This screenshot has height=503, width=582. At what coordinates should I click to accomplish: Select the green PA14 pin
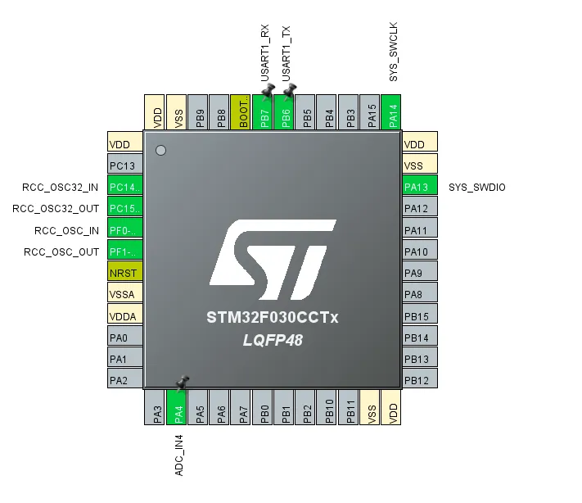pos(391,112)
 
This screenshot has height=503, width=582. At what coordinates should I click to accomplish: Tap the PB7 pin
pos(262,112)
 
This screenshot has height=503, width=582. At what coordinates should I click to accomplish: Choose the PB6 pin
pos(283,112)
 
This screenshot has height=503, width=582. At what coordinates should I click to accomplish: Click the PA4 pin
pos(176,407)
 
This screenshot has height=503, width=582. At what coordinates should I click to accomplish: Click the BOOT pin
pos(241,112)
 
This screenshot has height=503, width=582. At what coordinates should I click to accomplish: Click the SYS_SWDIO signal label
pos(477,188)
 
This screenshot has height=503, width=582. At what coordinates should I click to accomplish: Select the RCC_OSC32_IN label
pos(60,188)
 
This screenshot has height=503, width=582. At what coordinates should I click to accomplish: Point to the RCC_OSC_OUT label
pos(61,252)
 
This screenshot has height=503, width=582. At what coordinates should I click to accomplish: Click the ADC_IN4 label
pos(179,455)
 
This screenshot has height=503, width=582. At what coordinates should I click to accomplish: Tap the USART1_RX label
pos(264,53)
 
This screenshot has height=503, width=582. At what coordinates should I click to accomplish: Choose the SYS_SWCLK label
pos(394,52)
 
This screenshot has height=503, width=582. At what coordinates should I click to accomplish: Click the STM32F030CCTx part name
pos(273,318)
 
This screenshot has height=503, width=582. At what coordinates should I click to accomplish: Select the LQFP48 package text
pos(273,340)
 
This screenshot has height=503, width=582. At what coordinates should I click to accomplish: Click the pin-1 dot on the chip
pos(160,151)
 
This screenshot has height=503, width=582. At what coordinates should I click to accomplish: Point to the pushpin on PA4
pos(183,383)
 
